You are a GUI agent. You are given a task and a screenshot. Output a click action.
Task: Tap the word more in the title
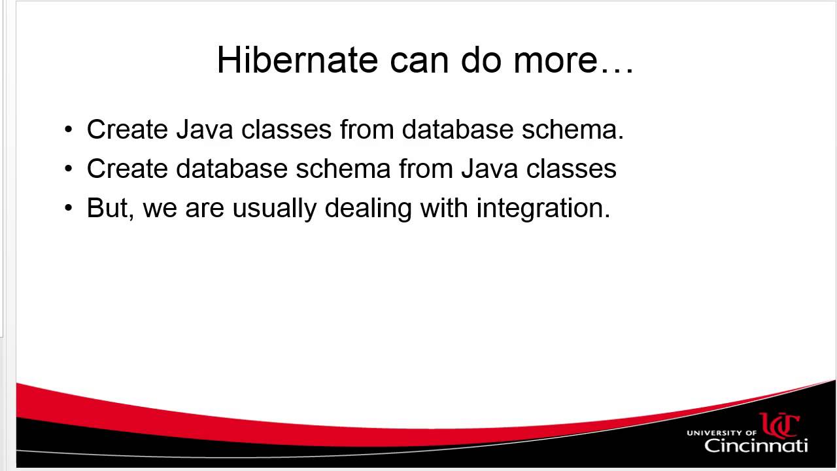coord(555,60)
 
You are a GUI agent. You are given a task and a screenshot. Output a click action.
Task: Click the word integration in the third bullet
coord(543,209)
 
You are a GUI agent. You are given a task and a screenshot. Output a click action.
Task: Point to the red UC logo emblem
coord(779,425)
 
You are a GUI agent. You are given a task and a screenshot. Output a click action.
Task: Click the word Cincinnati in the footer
coord(756,445)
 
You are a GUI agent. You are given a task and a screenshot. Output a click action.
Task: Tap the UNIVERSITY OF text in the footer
coord(721,432)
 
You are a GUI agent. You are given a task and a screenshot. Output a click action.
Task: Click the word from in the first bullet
coord(367,130)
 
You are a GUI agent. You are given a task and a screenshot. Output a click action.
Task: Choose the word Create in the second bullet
coord(127,169)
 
